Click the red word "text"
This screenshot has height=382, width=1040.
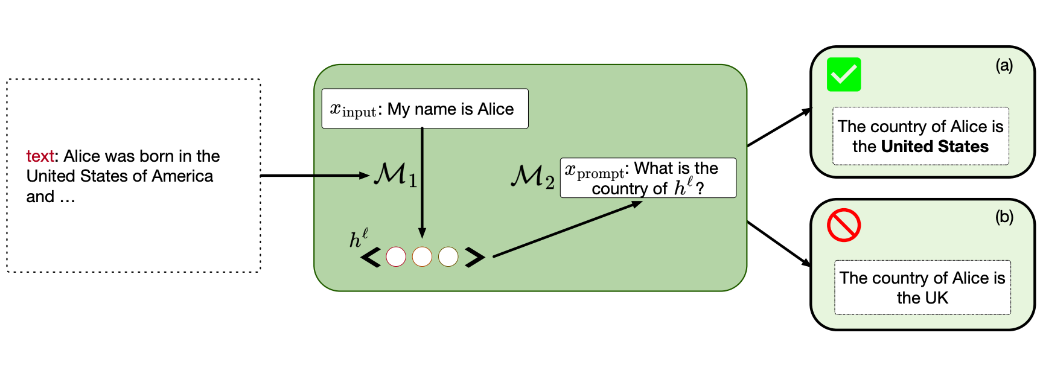click(x=40, y=156)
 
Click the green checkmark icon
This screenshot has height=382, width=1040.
click(x=843, y=75)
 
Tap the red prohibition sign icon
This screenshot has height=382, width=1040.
click(x=843, y=225)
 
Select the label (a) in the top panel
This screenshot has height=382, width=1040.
click(x=1004, y=65)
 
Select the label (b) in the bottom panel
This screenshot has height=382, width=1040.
click(x=1004, y=217)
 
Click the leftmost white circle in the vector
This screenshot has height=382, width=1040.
click(x=396, y=256)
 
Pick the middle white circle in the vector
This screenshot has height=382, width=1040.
click(x=422, y=256)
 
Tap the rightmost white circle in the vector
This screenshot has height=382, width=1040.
click(x=448, y=256)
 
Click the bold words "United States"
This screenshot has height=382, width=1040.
click(x=934, y=147)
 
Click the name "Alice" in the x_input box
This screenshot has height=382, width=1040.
click(x=496, y=109)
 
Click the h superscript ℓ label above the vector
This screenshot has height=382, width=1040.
click(x=359, y=238)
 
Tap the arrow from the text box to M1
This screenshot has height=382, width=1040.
click(x=314, y=176)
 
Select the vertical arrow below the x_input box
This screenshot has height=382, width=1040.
click(x=422, y=181)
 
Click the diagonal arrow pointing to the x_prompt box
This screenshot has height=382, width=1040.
click(x=567, y=229)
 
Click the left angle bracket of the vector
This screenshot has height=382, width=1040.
click(x=370, y=258)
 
